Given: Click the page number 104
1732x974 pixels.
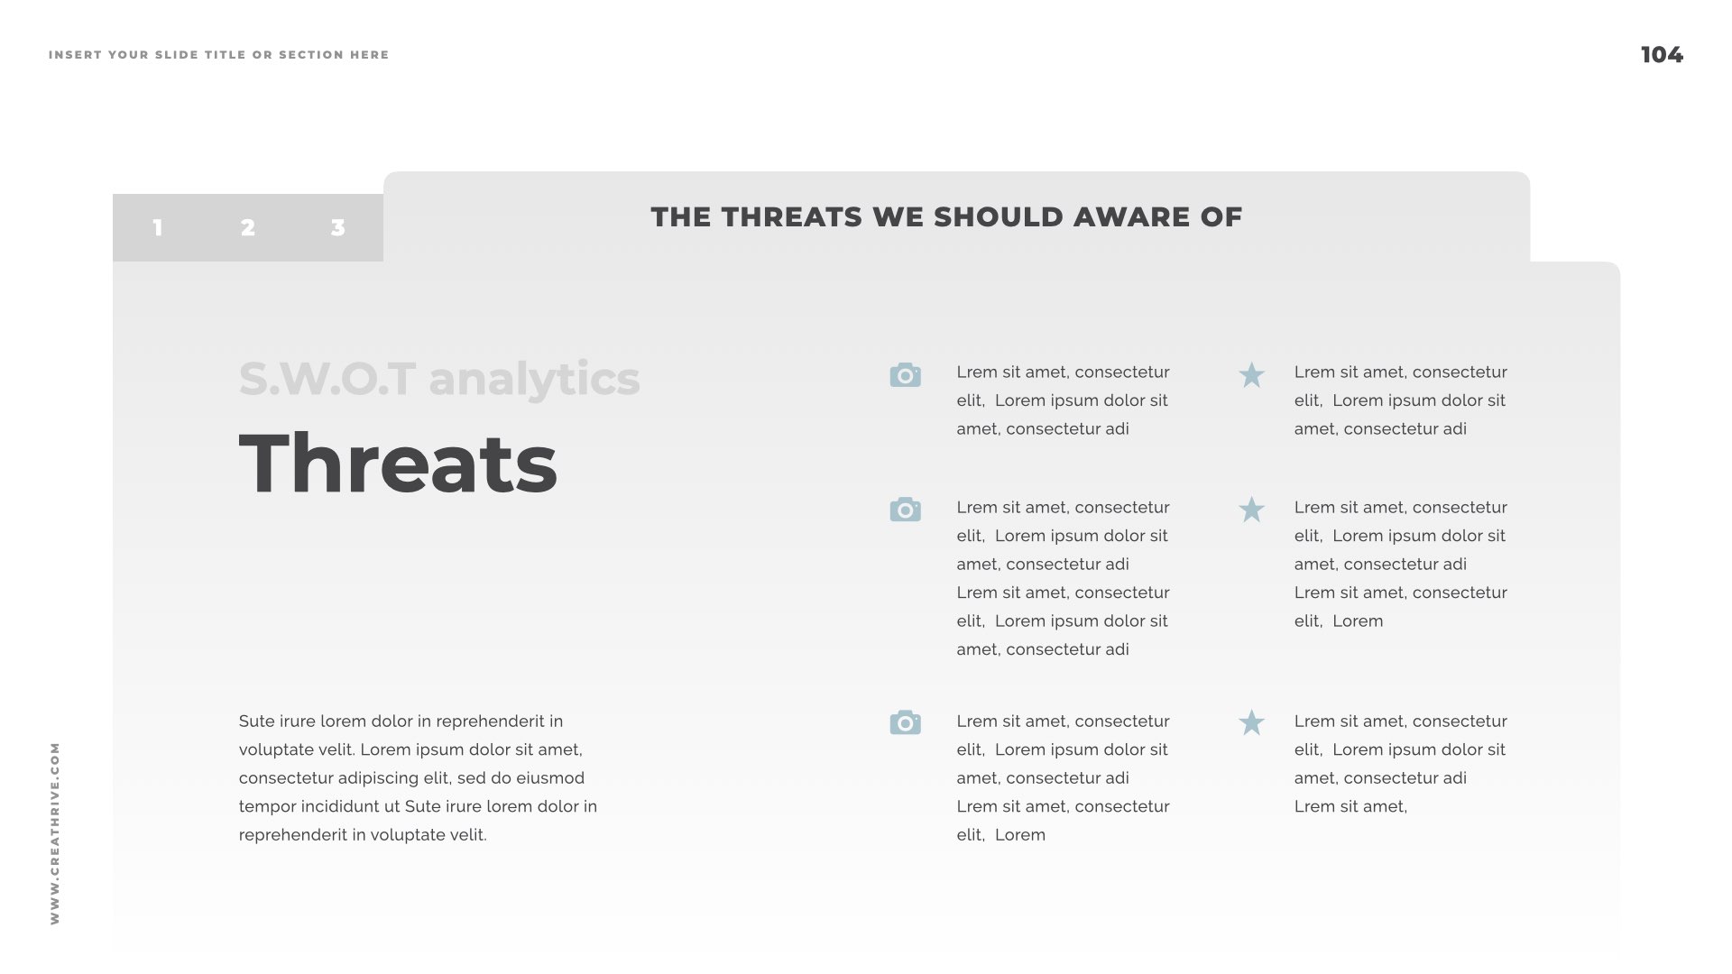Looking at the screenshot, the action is click(1662, 55).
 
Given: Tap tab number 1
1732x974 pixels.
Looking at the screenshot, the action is click(158, 227).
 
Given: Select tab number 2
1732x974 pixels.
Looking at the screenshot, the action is click(248, 227).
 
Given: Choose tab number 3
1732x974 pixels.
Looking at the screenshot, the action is click(338, 227).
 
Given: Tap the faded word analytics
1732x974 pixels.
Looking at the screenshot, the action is click(534, 379).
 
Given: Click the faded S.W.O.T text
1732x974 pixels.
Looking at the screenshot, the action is click(327, 379).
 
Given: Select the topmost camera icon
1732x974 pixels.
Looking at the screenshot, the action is click(905, 375).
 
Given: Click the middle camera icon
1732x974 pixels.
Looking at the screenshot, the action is click(905, 510).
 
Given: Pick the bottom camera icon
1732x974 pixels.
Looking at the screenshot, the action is click(905, 722).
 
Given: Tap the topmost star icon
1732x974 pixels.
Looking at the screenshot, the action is click(1251, 375).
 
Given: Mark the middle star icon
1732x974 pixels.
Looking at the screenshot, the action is click(1251, 510).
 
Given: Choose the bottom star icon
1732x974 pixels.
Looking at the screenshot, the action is click(1251, 722).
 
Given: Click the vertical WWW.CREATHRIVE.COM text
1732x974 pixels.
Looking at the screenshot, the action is click(55, 833).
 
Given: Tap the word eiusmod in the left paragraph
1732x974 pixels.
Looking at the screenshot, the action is click(550, 778).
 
